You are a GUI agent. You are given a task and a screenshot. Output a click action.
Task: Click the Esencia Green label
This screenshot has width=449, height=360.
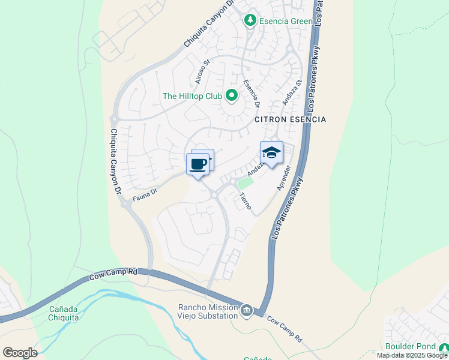(286, 21)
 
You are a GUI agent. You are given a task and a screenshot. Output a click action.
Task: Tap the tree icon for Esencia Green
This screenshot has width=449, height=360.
(250, 21)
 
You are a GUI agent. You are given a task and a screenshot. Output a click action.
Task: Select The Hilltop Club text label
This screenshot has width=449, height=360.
(191, 96)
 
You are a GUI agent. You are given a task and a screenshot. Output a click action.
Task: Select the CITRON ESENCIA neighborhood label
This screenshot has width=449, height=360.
(290, 119)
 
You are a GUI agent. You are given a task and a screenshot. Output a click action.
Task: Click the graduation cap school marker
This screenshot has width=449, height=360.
(271, 153)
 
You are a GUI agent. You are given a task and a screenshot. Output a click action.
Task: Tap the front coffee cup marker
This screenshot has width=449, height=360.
(197, 164)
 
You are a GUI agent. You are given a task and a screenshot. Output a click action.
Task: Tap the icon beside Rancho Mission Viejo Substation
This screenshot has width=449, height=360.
(247, 311)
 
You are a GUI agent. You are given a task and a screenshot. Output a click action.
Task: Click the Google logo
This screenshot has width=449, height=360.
(20, 352)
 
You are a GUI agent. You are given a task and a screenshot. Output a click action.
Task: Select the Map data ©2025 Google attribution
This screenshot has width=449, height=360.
(412, 355)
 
